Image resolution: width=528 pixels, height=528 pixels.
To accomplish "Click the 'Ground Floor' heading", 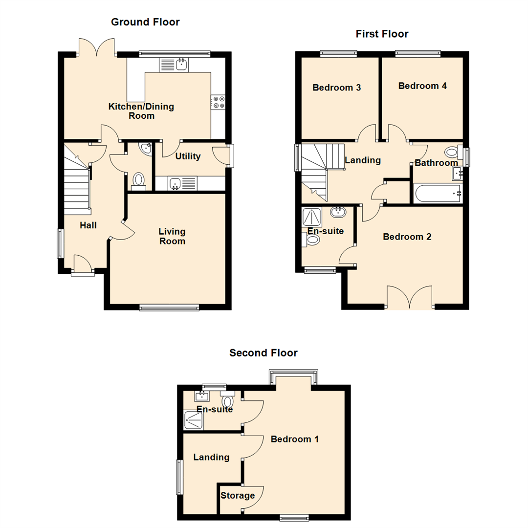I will coord(145,22).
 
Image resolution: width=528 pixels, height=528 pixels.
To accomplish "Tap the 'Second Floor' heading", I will coord(264,352).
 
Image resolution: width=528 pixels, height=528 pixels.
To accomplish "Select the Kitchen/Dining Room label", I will coord(141,111).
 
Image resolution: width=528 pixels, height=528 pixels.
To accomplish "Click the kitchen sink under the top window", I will coord(182,64).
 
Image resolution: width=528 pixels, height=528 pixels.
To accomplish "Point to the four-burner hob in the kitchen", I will coord(218,102).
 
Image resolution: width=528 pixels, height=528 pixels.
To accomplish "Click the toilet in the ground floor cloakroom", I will coord(138,180).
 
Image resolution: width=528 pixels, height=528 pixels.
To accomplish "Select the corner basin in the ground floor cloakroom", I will coord(146,149).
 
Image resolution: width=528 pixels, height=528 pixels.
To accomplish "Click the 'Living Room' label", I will coord(172,236).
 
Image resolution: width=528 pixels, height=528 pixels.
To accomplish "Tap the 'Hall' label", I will coord(88,225).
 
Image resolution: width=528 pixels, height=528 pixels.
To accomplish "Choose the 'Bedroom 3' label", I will coord(337,88).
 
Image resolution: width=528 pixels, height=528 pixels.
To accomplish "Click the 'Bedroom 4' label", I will coord(422,86).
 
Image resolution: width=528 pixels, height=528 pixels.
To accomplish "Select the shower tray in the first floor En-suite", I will coord(311,216).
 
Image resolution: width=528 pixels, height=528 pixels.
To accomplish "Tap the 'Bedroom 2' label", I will coord(407,237).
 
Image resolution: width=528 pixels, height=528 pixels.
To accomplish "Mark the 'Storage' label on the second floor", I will coord(238,496).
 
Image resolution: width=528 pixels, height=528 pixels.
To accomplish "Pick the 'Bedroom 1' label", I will coord(295,439).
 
